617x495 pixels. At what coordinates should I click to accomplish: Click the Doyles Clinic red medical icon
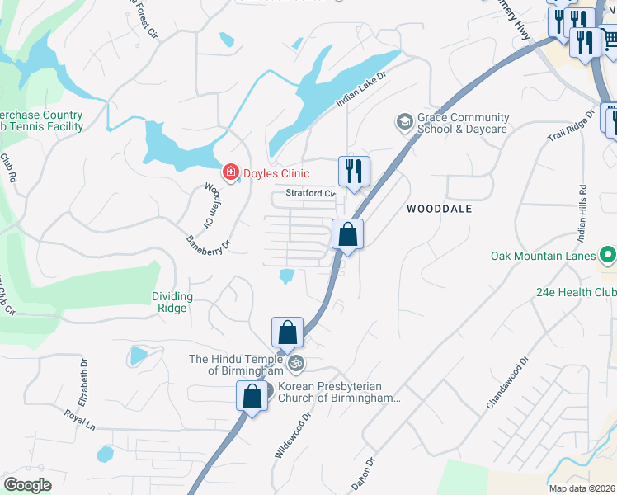pyautogui.click(x=231, y=172)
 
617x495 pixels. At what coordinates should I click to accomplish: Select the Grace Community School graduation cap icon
pyautogui.click(x=404, y=122)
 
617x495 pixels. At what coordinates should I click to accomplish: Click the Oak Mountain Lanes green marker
pyautogui.click(x=608, y=256)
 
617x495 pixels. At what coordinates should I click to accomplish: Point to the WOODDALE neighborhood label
pyautogui.click(x=440, y=209)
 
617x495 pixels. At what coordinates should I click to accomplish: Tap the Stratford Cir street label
pyautogui.click(x=310, y=194)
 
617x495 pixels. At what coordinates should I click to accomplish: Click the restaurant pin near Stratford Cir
pyautogui.click(x=354, y=172)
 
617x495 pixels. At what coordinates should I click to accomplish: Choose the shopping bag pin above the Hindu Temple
pyautogui.click(x=287, y=333)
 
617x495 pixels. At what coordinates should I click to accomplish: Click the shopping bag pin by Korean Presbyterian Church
pyautogui.click(x=252, y=396)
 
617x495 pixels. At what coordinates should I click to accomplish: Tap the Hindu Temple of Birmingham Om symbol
pyautogui.click(x=295, y=362)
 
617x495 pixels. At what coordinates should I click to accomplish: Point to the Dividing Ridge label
pyautogui.click(x=172, y=302)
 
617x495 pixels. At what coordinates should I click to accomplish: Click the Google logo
pyautogui.click(x=28, y=485)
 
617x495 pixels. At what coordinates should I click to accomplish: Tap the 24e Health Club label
pyautogui.click(x=576, y=292)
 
